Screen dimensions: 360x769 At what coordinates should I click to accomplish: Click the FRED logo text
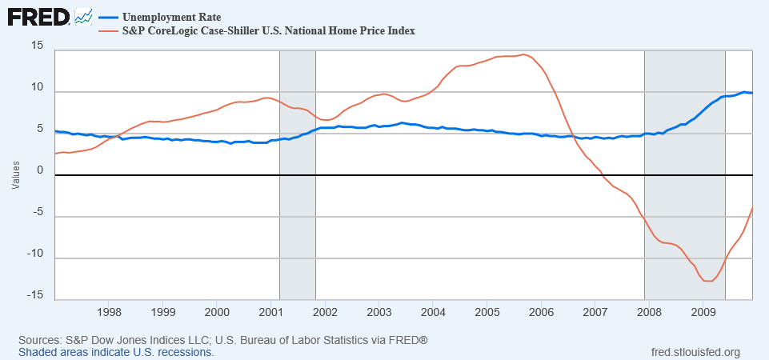(38, 17)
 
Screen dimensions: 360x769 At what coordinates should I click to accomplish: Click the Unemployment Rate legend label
(171, 17)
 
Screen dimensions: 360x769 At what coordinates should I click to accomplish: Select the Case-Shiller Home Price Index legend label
(267, 30)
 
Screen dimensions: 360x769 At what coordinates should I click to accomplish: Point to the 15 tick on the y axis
(37, 45)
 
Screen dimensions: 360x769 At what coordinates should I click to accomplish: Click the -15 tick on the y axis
(34, 295)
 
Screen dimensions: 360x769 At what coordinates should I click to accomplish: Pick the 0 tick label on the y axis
(39, 170)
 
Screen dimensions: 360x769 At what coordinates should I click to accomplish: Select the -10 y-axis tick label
(34, 254)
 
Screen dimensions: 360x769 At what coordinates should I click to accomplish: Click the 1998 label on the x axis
(109, 310)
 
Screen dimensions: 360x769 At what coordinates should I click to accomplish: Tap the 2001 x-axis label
(271, 310)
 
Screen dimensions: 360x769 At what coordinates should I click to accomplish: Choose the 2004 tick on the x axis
(433, 310)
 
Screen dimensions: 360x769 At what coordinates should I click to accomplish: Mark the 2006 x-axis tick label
(541, 310)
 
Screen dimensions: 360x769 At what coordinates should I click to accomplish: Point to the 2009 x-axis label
(703, 310)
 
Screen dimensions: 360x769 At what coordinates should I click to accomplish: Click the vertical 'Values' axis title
(15, 175)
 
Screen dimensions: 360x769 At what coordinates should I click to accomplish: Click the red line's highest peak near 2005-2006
(523, 54)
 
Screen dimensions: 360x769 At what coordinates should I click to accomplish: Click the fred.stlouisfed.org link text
(697, 352)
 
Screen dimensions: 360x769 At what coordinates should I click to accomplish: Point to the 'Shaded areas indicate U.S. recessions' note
(116, 352)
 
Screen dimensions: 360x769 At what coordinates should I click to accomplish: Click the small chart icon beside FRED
(83, 16)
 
